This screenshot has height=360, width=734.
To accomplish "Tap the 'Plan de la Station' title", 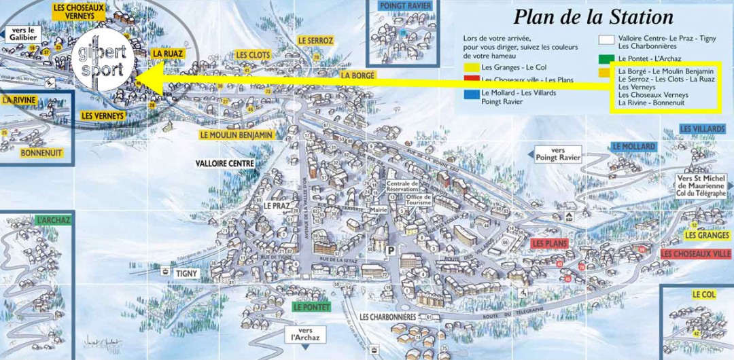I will pos(593,16).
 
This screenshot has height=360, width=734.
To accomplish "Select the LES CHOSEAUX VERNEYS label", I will pos(79,12).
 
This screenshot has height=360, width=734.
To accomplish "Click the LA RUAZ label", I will pos(167,53).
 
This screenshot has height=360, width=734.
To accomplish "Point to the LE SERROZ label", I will pos(315,41).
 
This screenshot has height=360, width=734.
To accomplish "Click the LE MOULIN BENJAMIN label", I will pos(237,135).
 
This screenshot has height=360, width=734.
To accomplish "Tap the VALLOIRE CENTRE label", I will pos(224,164).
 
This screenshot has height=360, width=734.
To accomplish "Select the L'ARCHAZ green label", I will pos(54,220).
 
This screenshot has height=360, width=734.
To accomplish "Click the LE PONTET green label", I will pos(311,307).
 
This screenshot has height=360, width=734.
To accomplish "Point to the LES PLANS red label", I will pos(549,243).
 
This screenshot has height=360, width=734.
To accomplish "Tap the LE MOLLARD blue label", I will pos(633,147).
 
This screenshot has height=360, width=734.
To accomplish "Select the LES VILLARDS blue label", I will pos(702,129).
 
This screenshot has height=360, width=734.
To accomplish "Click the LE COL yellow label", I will pos(704,295).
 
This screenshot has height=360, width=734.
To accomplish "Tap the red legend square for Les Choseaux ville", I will pos(469,79).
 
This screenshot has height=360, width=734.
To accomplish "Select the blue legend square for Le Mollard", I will pos(469,92).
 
